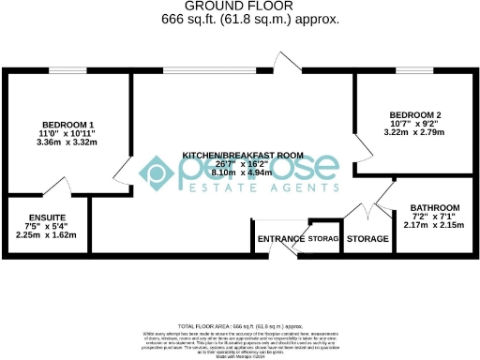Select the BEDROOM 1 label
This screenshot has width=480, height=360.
67,126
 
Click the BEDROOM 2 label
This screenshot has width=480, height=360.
414,115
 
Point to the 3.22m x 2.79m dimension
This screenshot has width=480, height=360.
414,134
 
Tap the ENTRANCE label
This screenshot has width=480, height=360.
280,239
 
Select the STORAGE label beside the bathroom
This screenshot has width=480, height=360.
367,239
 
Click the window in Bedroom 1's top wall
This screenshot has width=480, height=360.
67,71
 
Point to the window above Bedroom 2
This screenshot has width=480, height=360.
407,71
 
